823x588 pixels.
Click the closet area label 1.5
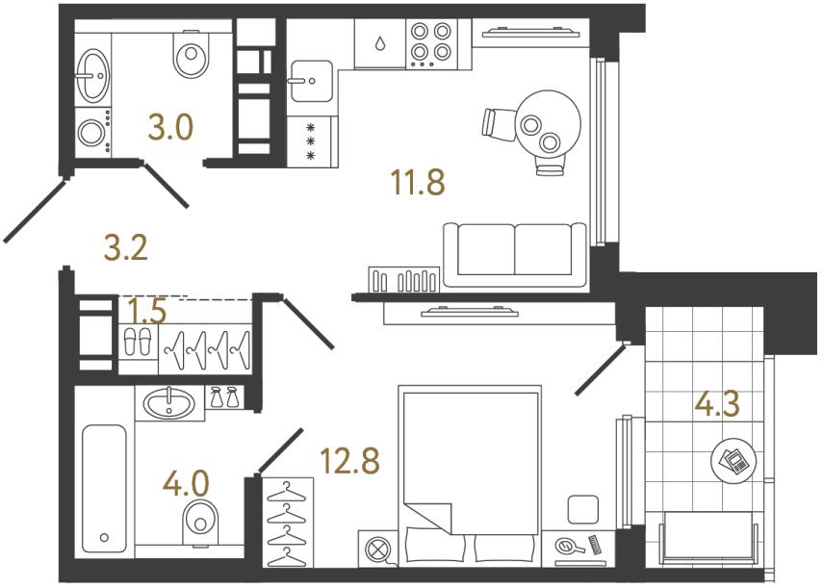(x=147, y=311)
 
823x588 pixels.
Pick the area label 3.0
(x=171, y=126)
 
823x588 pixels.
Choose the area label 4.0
(x=186, y=479)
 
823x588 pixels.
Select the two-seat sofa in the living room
(x=514, y=252)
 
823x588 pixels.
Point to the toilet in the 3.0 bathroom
(x=191, y=56)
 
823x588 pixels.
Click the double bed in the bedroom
(x=469, y=462)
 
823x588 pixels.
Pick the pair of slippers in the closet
(x=138, y=342)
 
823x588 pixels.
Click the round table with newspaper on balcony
(x=731, y=461)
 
